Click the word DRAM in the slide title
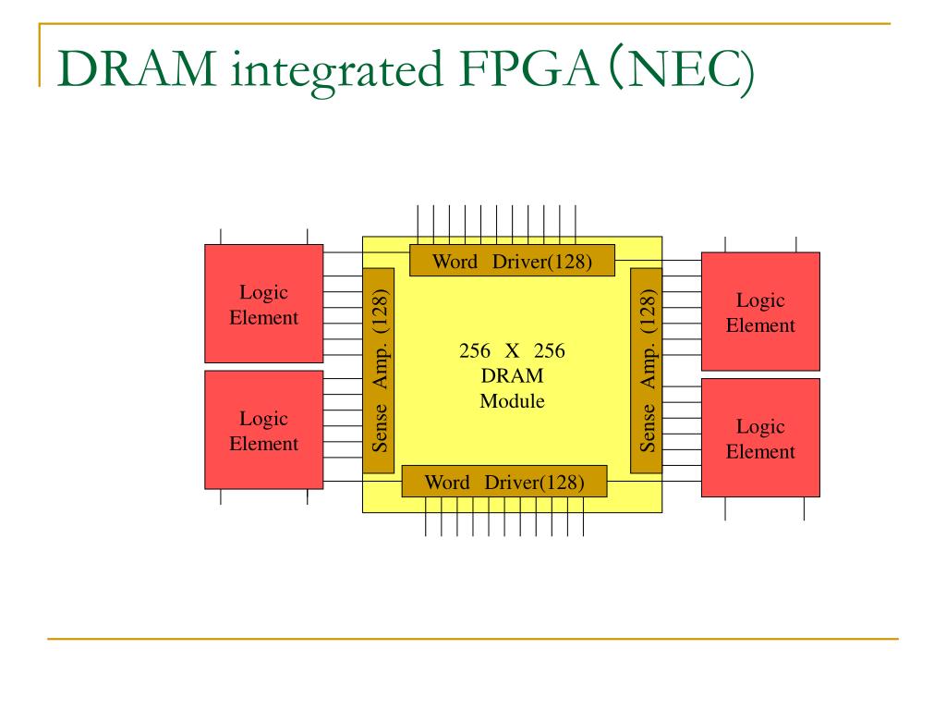click(x=137, y=68)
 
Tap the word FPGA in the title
click(x=528, y=68)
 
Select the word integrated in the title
click(x=337, y=72)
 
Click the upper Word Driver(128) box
click(x=512, y=260)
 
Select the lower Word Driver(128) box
click(x=504, y=481)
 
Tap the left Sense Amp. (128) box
click(x=379, y=371)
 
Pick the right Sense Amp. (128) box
click(x=646, y=371)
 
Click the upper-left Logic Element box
click(x=264, y=303)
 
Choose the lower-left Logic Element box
click(x=264, y=430)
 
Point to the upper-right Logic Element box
click(x=761, y=312)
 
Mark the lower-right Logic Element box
click(x=761, y=437)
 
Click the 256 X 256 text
click(x=512, y=350)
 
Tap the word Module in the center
click(x=512, y=401)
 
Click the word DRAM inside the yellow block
click(x=512, y=375)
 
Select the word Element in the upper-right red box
click(x=761, y=325)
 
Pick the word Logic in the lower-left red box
click(x=263, y=419)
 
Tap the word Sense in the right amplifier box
click(x=647, y=428)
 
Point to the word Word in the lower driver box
click(x=447, y=483)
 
